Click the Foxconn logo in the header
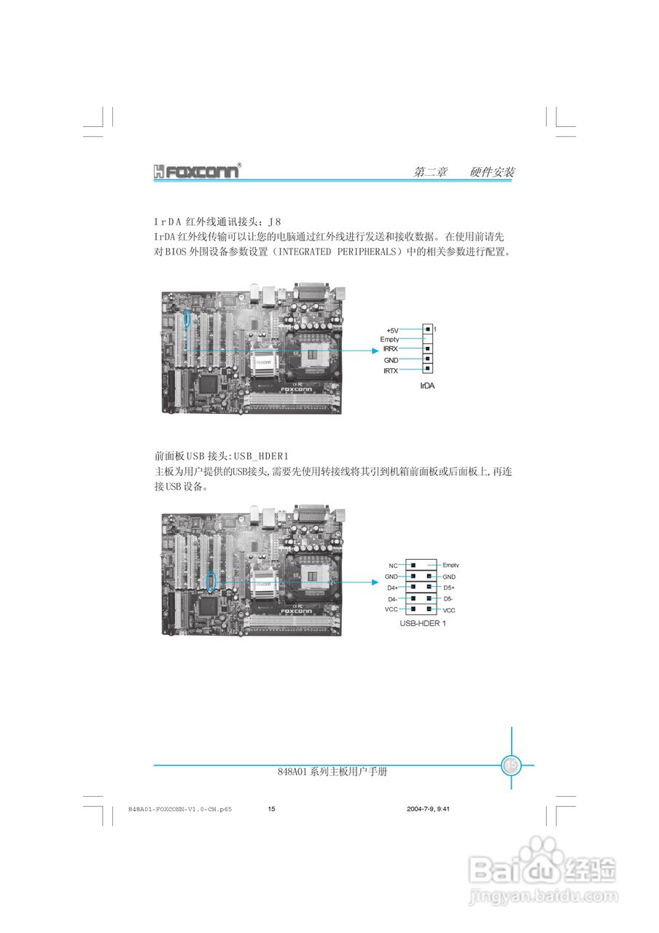[x=197, y=172]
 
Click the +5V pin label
[x=392, y=330]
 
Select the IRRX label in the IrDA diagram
[x=391, y=350]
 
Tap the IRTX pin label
[x=391, y=371]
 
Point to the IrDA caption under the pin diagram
[x=427, y=386]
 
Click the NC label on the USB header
[x=393, y=566]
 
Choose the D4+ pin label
[x=392, y=587]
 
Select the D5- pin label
[x=448, y=598]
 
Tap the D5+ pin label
[x=449, y=587]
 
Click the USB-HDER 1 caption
[x=423, y=624]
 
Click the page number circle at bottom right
[x=511, y=765]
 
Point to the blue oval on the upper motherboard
[x=187, y=319]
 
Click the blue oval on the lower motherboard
[x=211, y=580]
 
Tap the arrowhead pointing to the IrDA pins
[x=373, y=351]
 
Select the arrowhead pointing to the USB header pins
[x=373, y=582]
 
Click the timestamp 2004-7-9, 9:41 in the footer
[x=428, y=809]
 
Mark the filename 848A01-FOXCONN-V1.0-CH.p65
[x=179, y=809]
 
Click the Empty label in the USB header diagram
[x=451, y=566]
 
